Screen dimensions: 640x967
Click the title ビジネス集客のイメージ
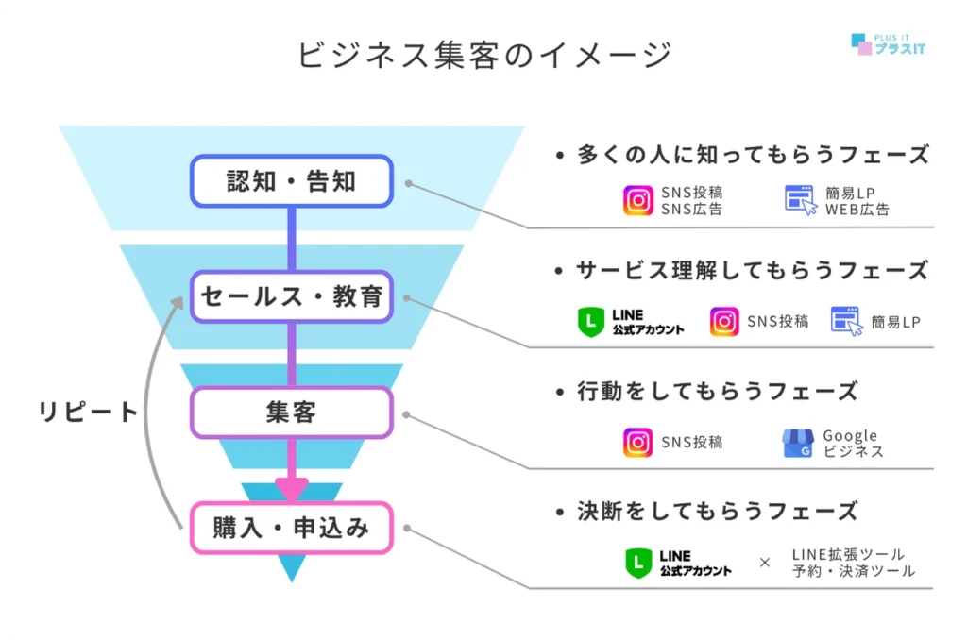[483, 55]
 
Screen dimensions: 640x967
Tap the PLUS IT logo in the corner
[888, 42]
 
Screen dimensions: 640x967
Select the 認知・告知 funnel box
[291, 180]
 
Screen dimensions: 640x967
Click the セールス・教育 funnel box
[291, 296]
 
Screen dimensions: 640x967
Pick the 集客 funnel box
[291, 413]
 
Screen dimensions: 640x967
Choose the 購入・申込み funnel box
[291, 528]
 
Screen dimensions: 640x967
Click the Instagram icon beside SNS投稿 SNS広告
[638, 201]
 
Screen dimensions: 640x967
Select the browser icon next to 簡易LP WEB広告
[800, 200]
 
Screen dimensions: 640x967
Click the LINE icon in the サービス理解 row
[590, 322]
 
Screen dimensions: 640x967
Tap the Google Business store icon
[797, 444]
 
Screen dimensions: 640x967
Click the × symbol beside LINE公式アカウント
[765, 563]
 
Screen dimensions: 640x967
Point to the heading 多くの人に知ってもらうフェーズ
[754, 155]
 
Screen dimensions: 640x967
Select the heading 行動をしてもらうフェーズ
[717, 391]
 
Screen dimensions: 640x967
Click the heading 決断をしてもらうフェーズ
[717, 512]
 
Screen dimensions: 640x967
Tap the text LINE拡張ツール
[848, 554]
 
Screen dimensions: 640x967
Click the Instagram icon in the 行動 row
[638, 443]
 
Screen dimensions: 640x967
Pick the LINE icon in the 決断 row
[638, 564]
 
